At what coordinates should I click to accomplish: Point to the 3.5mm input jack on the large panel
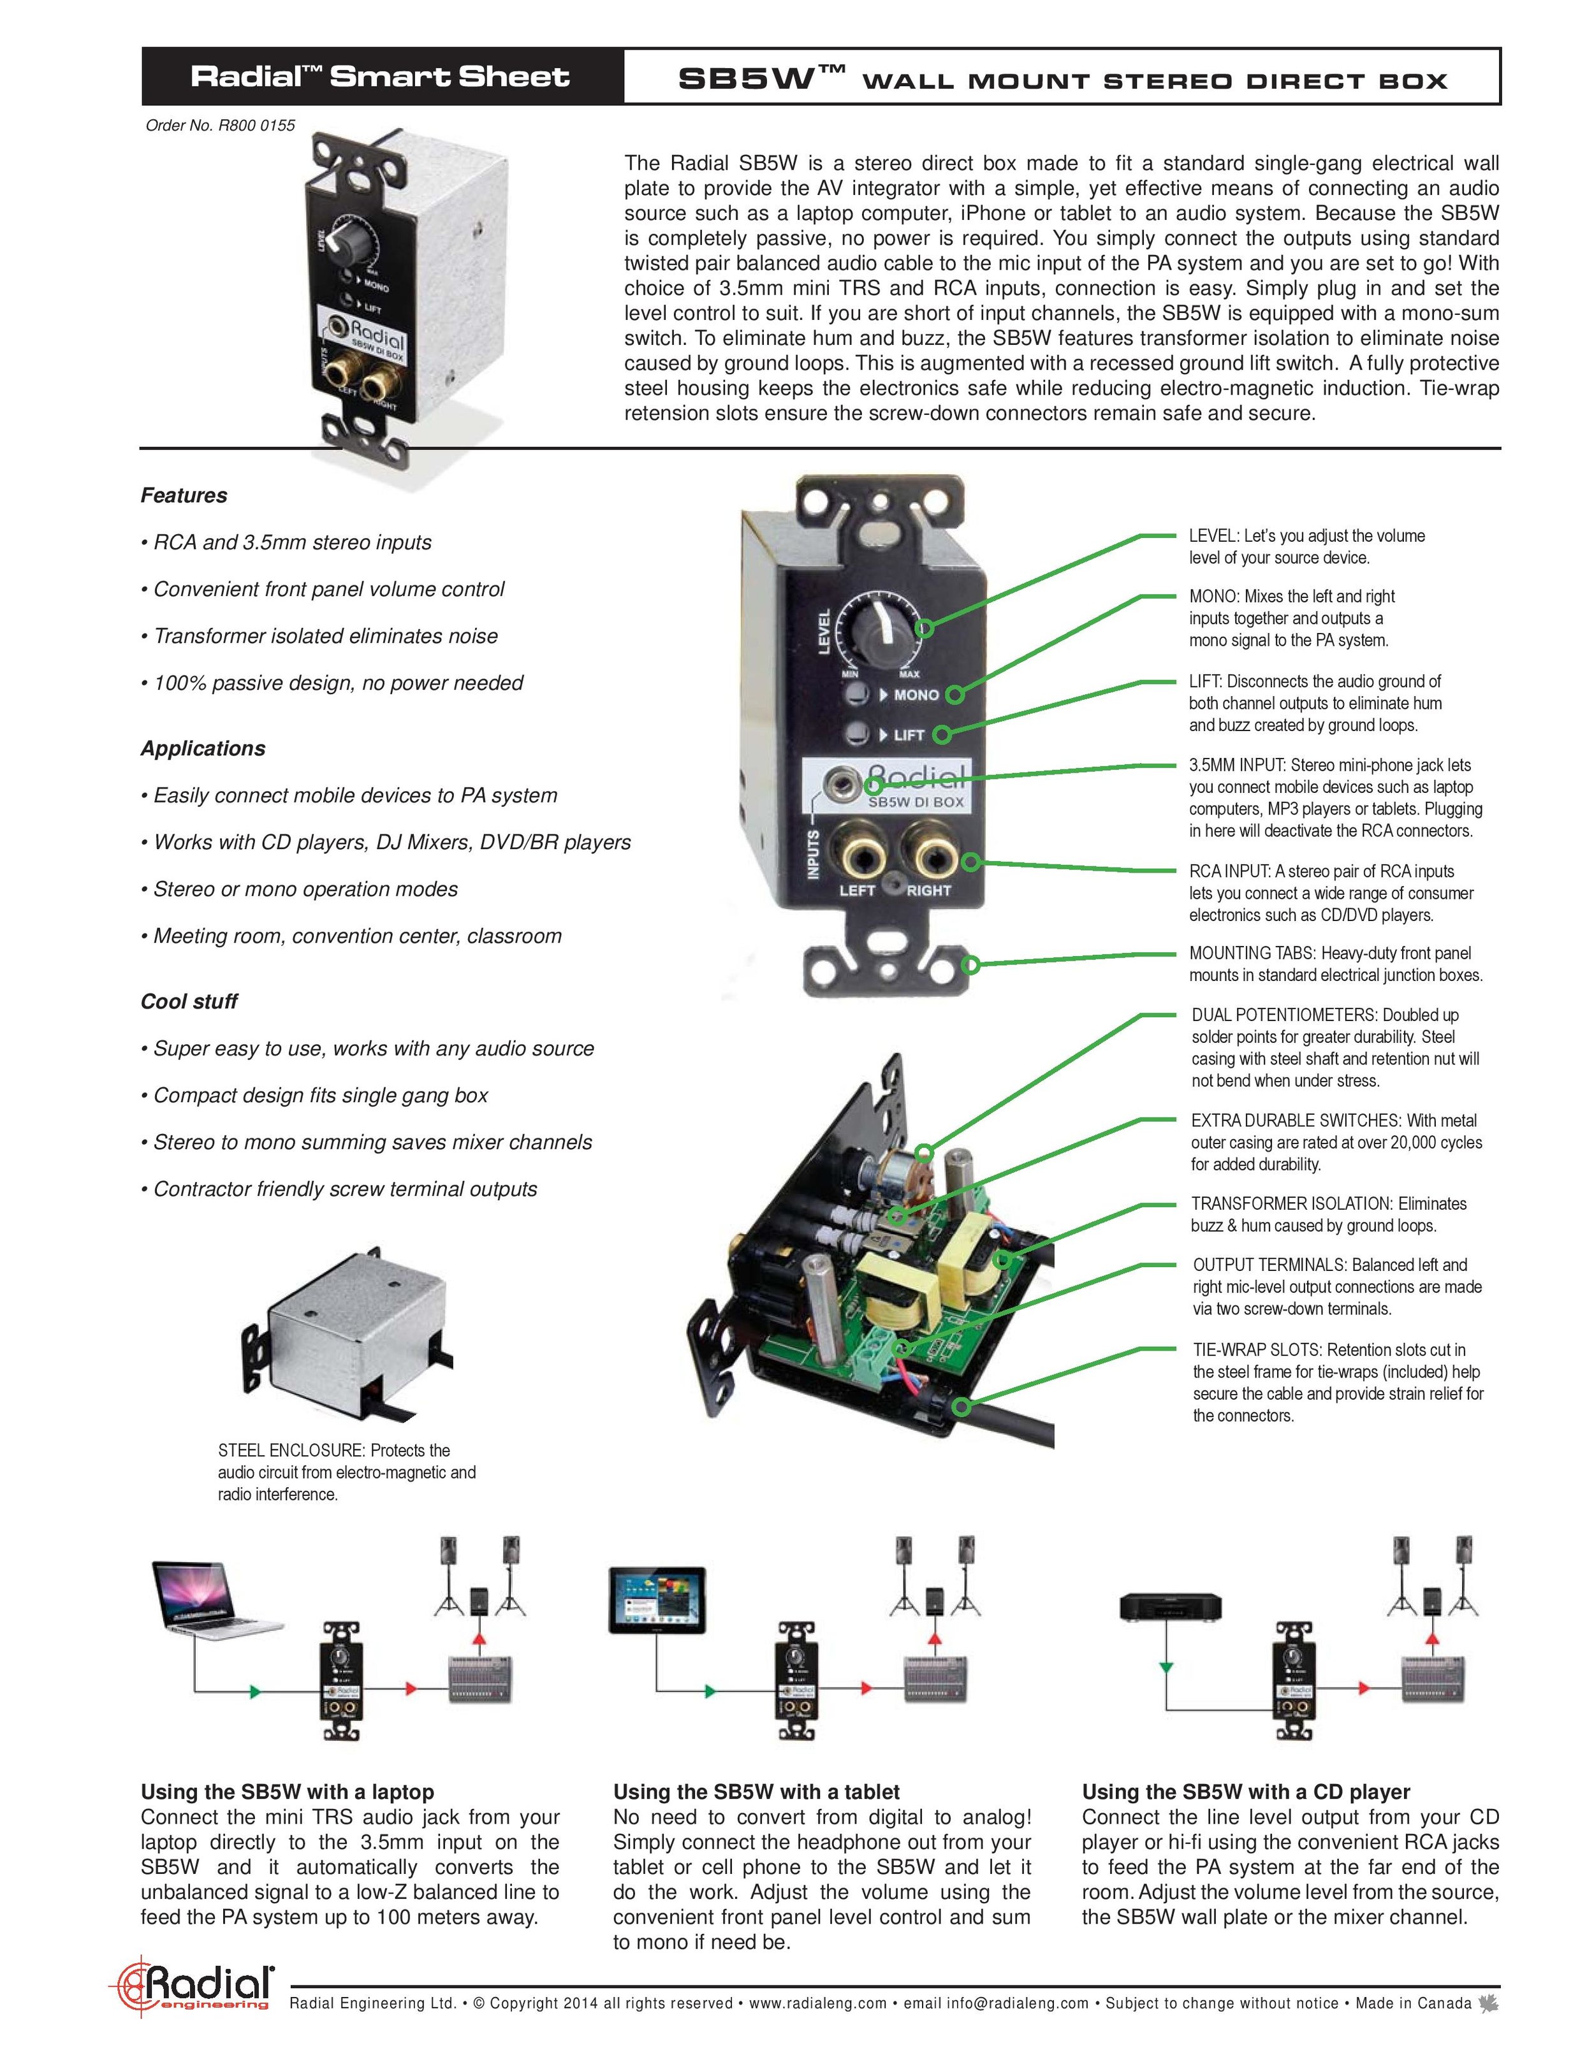click(837, 781)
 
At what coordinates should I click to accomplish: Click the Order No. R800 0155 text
click(220, 125)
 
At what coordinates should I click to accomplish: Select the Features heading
click(184, 496)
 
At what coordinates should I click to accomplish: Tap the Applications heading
click(203, 749)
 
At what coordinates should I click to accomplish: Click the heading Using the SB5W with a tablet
click(756, 1792)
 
